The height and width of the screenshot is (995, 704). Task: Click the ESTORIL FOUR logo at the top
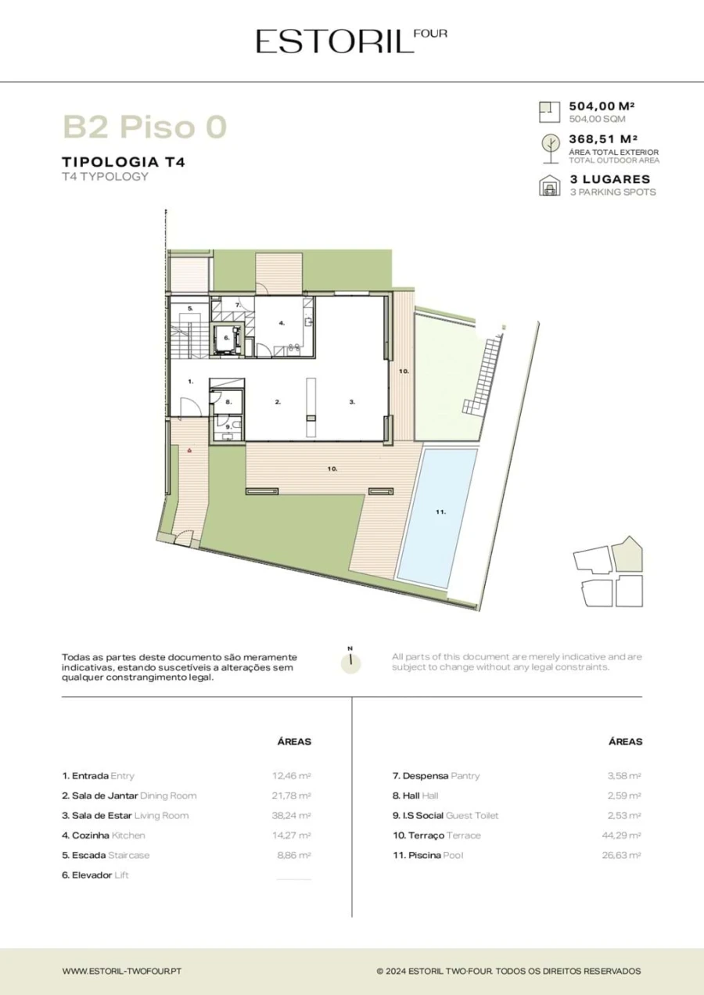pyautogui.click(x=351, y=41)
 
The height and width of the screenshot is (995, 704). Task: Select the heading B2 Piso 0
pyautogui.click(x=145, y=127)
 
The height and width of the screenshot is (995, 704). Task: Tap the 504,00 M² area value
pyautogui.click(x=602, y=106)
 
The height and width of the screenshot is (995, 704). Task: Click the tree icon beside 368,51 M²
pyautogui.click(x=551, y=149)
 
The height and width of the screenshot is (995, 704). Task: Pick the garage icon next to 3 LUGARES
pyautogui.click(x=550, y=185)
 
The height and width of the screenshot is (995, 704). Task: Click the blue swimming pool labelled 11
pyautogui.click(x=437, y=518)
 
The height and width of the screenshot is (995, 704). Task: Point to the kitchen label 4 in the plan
pyautogui.click(x=282, y=323)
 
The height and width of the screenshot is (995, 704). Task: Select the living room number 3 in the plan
pyautogui.click(x=352, y=402)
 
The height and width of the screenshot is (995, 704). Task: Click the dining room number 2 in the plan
pyautogui.click(x=278, y=402)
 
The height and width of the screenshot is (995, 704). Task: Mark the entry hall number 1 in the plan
pyautogui.click(x=191, y=382)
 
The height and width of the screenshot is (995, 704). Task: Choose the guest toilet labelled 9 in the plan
pyautogui.click(x=228, y=427)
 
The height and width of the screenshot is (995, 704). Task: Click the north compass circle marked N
pyautogui.click(x=350, y=665)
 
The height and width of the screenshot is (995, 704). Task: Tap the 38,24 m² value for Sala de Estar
pyautogui.click(x=291, y=816)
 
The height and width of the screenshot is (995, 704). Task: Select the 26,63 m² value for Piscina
pyautogui.click(x=621, y=855)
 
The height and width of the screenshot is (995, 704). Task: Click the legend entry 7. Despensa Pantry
pyautogui.click(x=436, y=776)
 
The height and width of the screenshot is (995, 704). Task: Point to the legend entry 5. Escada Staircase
pyautogui.click(x=106, y=855)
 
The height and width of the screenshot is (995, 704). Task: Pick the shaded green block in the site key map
pyautogui.click(x=627, y=555)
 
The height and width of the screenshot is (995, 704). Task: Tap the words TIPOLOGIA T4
pyautogui.click(x=124, y=162)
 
